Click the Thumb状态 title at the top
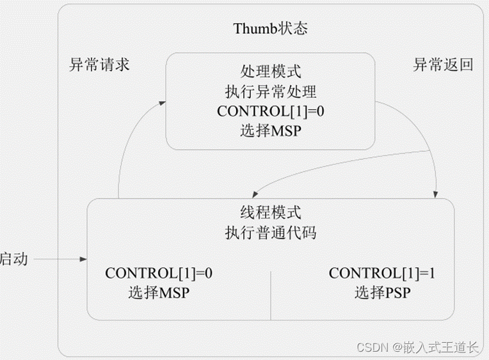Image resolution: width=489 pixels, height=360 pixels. pos(271,29)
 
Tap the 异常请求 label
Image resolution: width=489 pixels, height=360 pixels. pos(99,65)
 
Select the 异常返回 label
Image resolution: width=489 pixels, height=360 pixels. pos(443,65)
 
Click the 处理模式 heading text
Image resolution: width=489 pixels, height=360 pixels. pos(271,70)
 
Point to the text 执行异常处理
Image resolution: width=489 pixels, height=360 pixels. pos(271,90)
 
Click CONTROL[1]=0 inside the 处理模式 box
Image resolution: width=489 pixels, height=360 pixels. pos(271,111)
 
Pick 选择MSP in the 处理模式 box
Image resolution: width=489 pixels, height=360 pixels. pos(271,131)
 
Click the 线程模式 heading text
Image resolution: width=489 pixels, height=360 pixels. pos(270,212)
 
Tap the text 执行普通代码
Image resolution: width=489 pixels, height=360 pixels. pos(270,233)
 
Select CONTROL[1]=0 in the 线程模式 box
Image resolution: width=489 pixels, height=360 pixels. pos(159,273)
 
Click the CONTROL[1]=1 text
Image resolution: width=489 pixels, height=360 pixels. pos(382,273)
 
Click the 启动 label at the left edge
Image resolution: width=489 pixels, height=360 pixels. pos(13,260)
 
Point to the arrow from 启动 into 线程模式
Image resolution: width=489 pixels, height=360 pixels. pos(58,259)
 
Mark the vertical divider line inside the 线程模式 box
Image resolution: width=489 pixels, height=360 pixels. pos(271,294)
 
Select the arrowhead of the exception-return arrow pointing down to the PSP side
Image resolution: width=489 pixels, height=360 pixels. pos(438,194)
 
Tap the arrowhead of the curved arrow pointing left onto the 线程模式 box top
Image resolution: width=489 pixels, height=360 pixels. pos(255,194)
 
